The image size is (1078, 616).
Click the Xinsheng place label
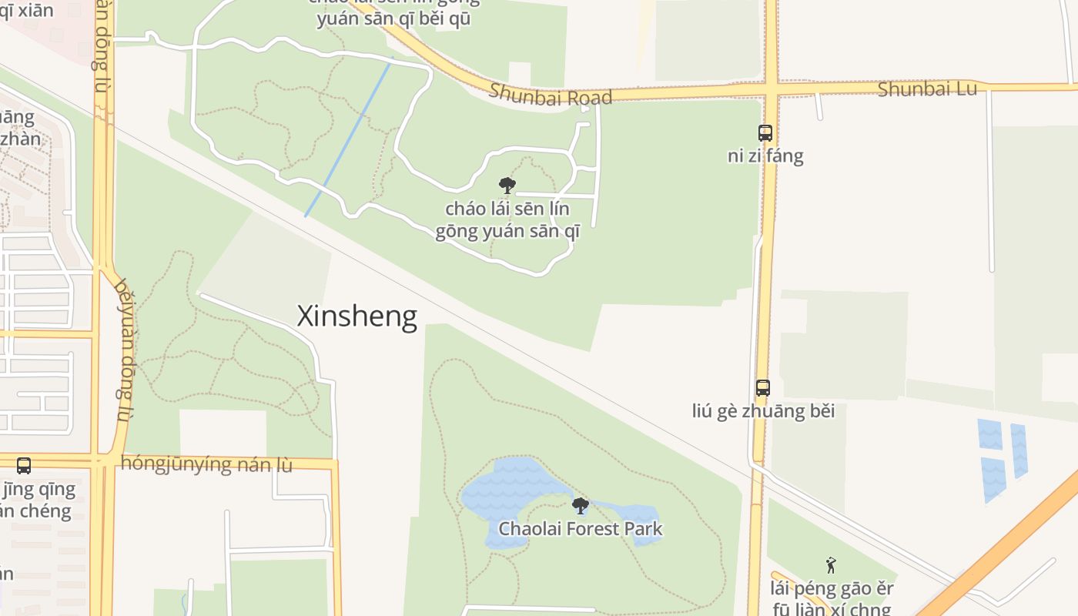[x=357, y=316]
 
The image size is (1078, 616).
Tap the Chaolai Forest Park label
[x=580, y=529]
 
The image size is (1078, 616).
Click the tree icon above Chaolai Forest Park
[x=580, y=506]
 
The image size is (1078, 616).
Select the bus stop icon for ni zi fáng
[x=765, y=132]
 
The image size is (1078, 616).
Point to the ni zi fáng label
[x=765, y=156]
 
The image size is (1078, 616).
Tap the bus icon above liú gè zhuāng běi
[x=762, y=387]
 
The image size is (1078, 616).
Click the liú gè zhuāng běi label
[x=762, y=411]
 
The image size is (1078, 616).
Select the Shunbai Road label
[x=551, y=95]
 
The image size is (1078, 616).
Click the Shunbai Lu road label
[x=927, y=89]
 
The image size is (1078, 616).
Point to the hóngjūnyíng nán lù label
[x=206, y=464]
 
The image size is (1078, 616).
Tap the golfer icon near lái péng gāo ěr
[x=830, y=566]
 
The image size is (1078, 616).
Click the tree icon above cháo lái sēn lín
[x=507, y=185]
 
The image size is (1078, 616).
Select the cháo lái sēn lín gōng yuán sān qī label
[x=507, y=220]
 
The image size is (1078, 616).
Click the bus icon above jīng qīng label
[x=24, y=465]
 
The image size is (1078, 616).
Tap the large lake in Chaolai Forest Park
[x=508, y=493]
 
